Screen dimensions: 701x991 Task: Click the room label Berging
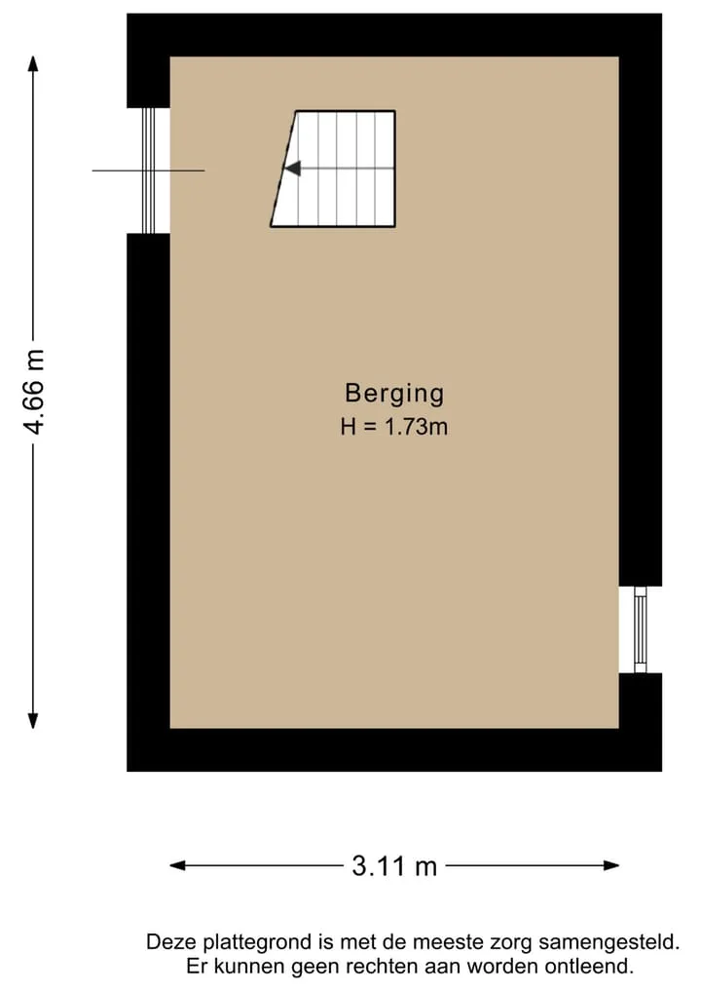tap(394, 394)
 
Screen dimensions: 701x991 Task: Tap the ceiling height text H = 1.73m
tap(394, 427)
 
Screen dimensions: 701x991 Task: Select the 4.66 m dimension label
tap(34, 392)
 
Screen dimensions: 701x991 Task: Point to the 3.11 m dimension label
tap(394, 865)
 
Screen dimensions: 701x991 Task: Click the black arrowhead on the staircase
tap(292, 169)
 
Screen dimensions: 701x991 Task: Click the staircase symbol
tap(333, 169)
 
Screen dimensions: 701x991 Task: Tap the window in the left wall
tap(148, 171)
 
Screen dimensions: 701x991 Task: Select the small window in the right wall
tap(641, 629)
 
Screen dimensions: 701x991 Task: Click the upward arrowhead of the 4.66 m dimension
tap(33, 64)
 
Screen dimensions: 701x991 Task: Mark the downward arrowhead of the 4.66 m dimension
tap(33, 720)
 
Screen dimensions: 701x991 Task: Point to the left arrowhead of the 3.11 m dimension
tap(178, 865)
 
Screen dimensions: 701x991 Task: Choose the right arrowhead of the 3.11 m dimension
tap(610, 865)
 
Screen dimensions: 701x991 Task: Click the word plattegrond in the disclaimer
tap(258, 943)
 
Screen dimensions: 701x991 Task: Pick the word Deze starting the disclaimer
tap(171, 943)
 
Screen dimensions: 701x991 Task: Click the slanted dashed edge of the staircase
tap(283, 169)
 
